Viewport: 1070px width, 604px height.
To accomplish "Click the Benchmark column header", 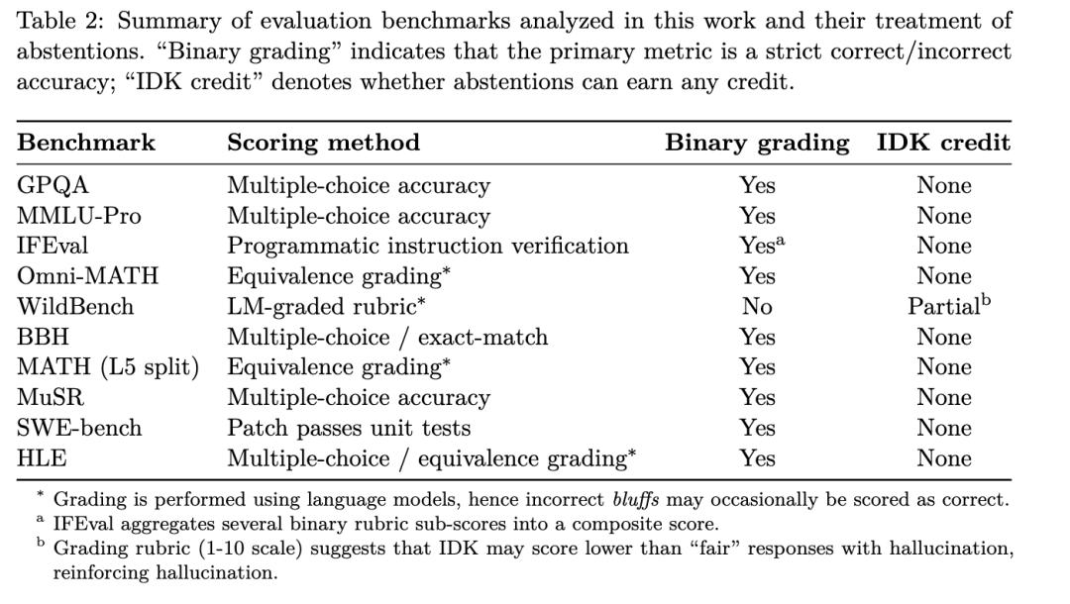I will pos(86,143).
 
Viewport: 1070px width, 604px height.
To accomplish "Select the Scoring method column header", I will pos(323,143).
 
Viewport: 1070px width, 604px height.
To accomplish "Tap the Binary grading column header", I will pos(757,143).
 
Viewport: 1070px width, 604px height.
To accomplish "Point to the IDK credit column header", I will pos(943,143).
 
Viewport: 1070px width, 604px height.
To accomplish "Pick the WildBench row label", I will pos(75,307).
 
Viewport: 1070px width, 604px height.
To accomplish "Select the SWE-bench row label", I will pos(79,428).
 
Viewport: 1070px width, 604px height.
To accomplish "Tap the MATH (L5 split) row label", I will pos(108,367).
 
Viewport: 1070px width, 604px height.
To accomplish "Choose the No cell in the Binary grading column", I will pos(757,307).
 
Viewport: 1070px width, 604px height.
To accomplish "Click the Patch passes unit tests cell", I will pos(349,428).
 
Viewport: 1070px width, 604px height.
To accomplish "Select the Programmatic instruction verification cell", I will pos(428,246).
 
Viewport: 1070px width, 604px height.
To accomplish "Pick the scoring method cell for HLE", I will pos(431,458).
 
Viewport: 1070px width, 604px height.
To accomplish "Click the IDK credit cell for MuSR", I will pos(943,398).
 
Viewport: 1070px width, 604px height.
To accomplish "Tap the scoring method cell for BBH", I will pos(387,338).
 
